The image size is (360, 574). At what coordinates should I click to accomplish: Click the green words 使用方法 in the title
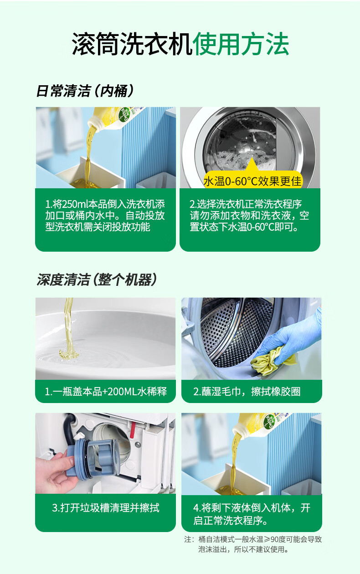[241, 44]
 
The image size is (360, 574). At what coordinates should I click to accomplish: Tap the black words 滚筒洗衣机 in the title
[132, 44]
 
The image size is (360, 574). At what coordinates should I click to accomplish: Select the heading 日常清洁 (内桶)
[85, 91]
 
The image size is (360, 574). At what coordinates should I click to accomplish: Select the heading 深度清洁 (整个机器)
[97, 279]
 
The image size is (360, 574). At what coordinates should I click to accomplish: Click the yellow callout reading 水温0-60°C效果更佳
[253, 181]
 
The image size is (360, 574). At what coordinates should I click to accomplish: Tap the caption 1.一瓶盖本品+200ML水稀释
[106, 391]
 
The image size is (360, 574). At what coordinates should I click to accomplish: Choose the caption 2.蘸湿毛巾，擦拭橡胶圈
[247, 391]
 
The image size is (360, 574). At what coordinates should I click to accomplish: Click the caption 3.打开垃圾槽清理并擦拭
[106, 507]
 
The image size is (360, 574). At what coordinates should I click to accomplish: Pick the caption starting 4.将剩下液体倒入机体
[252, 514]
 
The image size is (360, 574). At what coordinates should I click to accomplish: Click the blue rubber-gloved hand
[292, 338]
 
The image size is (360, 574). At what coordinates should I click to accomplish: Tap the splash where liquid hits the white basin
[69, 354]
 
